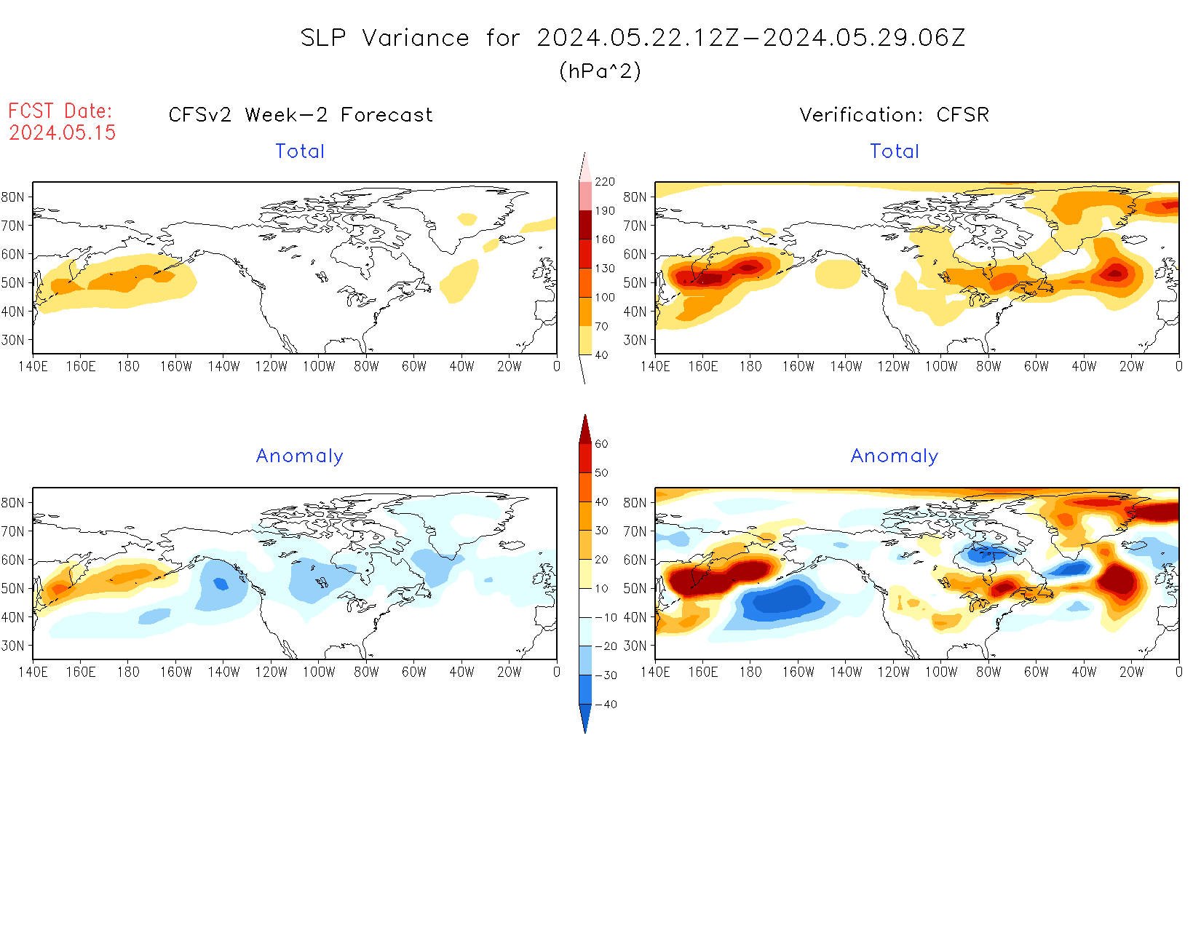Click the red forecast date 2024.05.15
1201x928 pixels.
pyautogui.click(x=63, y=132)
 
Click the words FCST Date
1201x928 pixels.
pyautogui.click(x=60, y=111)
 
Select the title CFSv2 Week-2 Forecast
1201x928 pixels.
pyautogui.click(x=301, y=115)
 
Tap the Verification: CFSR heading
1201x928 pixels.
pyautogui.click(x=894, y=115)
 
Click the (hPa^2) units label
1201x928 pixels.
pyautogui.click(x=600, y=71)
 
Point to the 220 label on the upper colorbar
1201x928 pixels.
pyautogui.click(x=605, y=182)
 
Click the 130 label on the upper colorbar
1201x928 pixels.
pyautogui.click(x=605, y=269)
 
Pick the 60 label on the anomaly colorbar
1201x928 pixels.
pyautogui.click(x=601, y=444)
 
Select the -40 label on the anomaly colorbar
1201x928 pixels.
pyautogui.click(x=606, y=705)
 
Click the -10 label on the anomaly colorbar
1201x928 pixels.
pyautogui.click(x=606, y=617)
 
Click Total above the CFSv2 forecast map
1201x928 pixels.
pyautogui.click(x=300, y=151)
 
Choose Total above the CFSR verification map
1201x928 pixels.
pyautogui.click(x=895, y=151)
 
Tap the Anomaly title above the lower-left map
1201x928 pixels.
pyautogui.click(x=299, y=456)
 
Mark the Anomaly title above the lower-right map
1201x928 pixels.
pyautogui.click(x=895, y=456)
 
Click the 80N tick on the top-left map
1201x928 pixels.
pyautogui.click(x=13, y=197)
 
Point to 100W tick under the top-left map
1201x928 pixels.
pyautogui.click(x=319, y=367)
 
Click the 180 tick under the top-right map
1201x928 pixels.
pyautogui.click(x=750, y=367)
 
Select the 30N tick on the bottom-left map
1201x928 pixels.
pyautogui.click(x=13, y=646)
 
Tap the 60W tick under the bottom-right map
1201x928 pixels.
pyautogui.click(x=1036, y=673)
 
